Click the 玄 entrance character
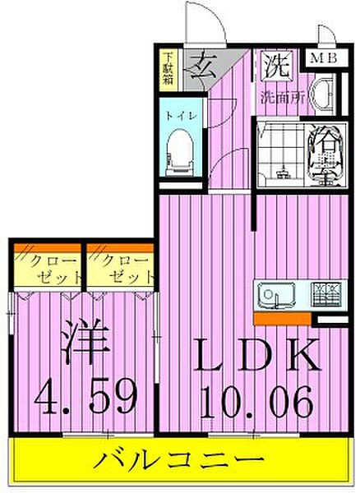(197, 63)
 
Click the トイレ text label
(178, 116)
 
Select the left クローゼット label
(47, 268)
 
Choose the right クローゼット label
(121, 268)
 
